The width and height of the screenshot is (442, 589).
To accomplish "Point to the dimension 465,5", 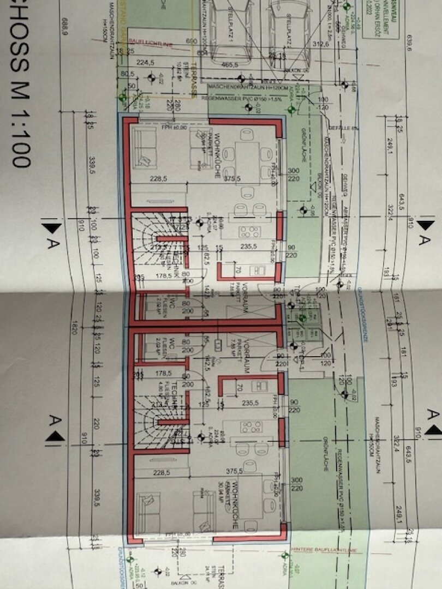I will coord(232,64).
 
